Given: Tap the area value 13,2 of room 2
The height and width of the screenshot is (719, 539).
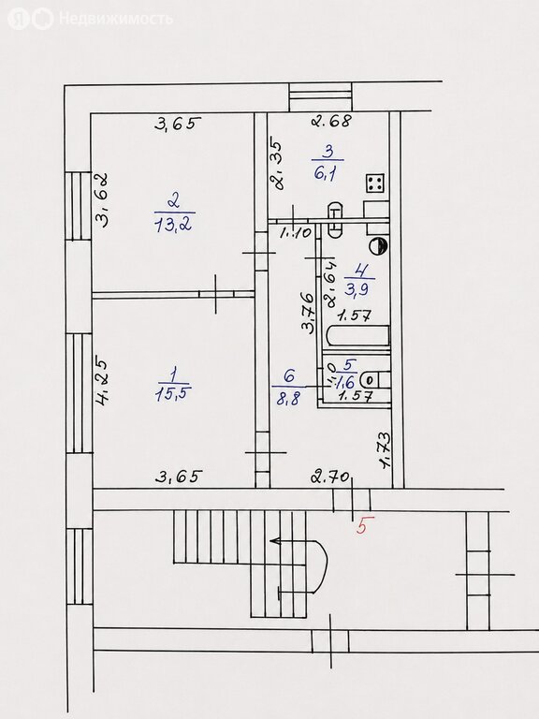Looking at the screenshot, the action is click(x=174, y=224).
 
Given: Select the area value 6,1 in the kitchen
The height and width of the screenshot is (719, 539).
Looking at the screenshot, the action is click(x=327, y=173).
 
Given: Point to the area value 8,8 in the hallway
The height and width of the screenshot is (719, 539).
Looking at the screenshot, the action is click(x=288, y=398).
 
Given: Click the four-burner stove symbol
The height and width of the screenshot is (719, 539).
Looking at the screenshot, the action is click(x=376, y=183).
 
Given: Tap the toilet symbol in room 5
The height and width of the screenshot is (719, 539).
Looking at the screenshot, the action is click(x=376, y=380).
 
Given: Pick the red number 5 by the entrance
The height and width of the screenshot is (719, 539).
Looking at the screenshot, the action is click(x=362, y=525).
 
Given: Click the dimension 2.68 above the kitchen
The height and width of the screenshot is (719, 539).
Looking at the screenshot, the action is click(x=332, y=121).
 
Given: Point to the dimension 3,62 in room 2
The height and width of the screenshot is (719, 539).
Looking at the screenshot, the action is click(x=101, y=199).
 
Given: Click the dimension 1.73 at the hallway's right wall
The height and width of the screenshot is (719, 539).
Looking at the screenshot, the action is click(x=385, y=450).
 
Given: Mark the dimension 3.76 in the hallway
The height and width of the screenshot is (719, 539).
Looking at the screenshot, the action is click(x=308, y=311).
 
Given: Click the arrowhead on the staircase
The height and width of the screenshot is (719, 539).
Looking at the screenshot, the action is click(x=275, y=541).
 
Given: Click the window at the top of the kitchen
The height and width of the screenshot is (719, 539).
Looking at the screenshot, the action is click(x=321, y=97).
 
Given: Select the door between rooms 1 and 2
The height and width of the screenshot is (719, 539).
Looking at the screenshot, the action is click(x=216, y=294).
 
